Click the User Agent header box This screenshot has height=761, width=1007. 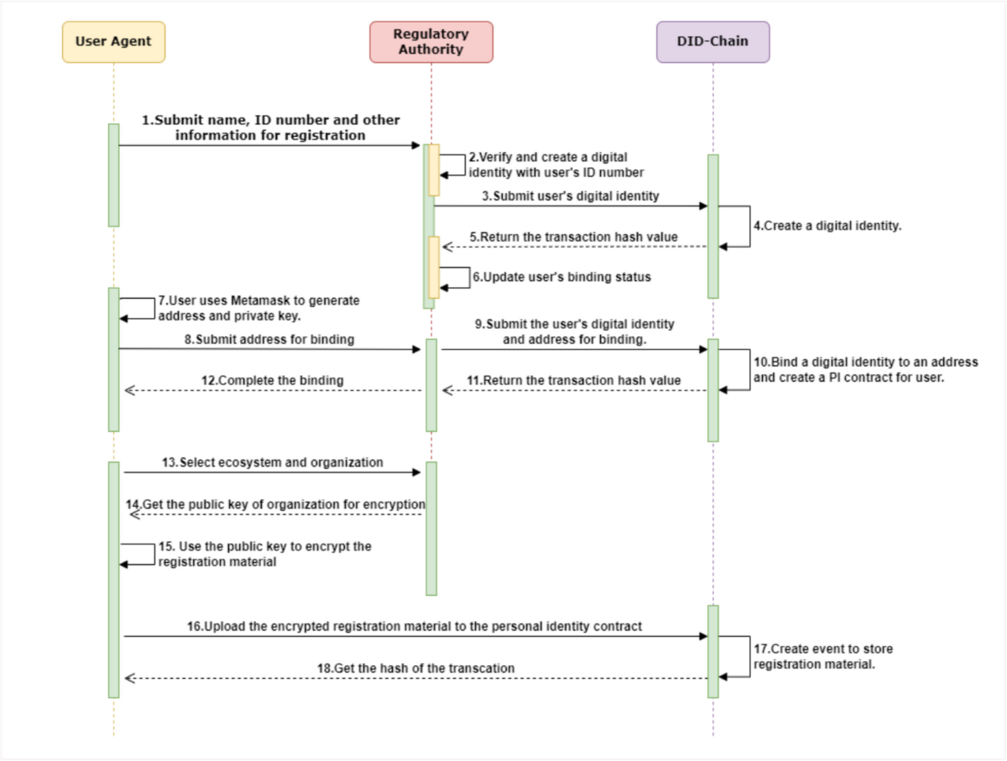point(113,42)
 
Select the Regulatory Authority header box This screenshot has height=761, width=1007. point(430,42)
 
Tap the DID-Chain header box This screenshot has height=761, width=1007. point(712,42)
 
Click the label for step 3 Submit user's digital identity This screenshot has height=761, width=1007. point(570,196)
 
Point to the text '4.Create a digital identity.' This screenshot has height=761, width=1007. point(827,226)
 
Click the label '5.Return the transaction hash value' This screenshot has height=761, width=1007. point(573,237)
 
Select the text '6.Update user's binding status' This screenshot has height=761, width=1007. point(560,277)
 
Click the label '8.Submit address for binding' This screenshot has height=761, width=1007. point(269,339)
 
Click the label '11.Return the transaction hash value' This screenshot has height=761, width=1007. point(573,380)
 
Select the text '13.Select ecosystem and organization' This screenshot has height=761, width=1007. point(272,462)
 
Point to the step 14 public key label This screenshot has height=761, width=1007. point(275,504)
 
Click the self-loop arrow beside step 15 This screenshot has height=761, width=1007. point(138,554)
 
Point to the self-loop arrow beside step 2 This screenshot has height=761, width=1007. point(453,164)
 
